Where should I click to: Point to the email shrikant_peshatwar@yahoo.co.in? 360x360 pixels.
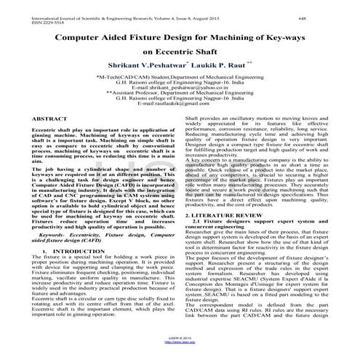click(x=180, y=87)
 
